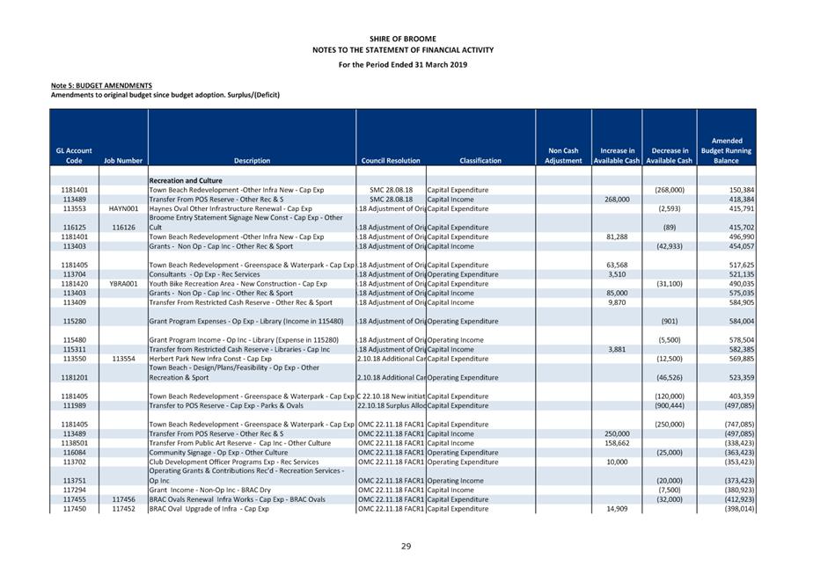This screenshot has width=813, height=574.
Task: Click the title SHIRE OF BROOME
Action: coord(406,40)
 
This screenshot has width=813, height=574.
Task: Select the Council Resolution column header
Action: coord(391,161)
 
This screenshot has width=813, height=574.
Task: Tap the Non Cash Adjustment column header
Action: coord(563,156)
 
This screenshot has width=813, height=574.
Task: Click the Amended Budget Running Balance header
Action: coord(726,150)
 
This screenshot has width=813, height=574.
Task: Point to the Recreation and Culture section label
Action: coord(186,180)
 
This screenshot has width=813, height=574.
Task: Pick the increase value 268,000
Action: coord(614,200)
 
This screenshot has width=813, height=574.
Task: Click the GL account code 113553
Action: coord(74,208)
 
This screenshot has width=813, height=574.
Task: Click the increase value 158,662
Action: coord(614,443)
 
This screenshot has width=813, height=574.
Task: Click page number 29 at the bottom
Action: coord(406,546)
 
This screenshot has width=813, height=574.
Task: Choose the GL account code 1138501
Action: coord(74,443)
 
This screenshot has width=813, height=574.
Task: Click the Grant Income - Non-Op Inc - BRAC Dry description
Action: coord(209,490)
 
